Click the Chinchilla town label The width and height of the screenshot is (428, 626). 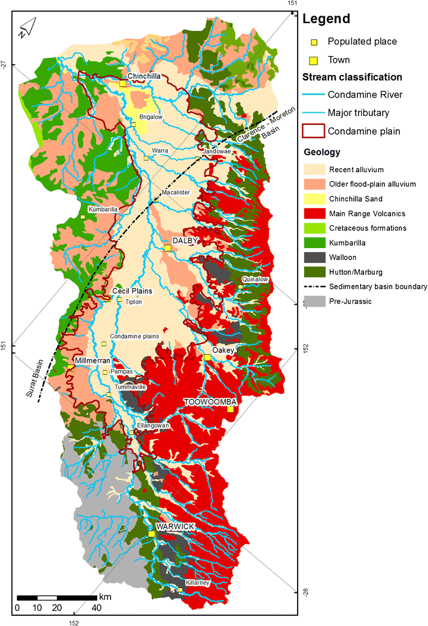pyautogui.click(x=144, y=76)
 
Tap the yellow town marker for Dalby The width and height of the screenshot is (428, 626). pyautogui.click(x=168, y=248)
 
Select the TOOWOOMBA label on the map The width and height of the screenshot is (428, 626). pyautogui.click(x=209, y=401)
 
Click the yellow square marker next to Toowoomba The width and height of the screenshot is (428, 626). pyautogui.click(x=230, y=409)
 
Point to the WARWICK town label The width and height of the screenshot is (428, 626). pyautogui.click(x=175, y=527)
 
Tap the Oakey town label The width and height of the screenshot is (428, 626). pyautogui.click(x=222, y=350)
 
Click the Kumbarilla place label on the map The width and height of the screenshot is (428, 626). pyautogui.click(x=103, y=209)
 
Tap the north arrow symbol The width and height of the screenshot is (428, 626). pyautogui.click(x=27, y=28)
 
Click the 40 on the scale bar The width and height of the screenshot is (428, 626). pyautogui.click(x=96, y=607)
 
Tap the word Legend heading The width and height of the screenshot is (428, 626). pyautogui.click(x=326, y=19)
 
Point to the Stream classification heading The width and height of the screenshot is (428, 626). pyautogui.click(x=352, y=77)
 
